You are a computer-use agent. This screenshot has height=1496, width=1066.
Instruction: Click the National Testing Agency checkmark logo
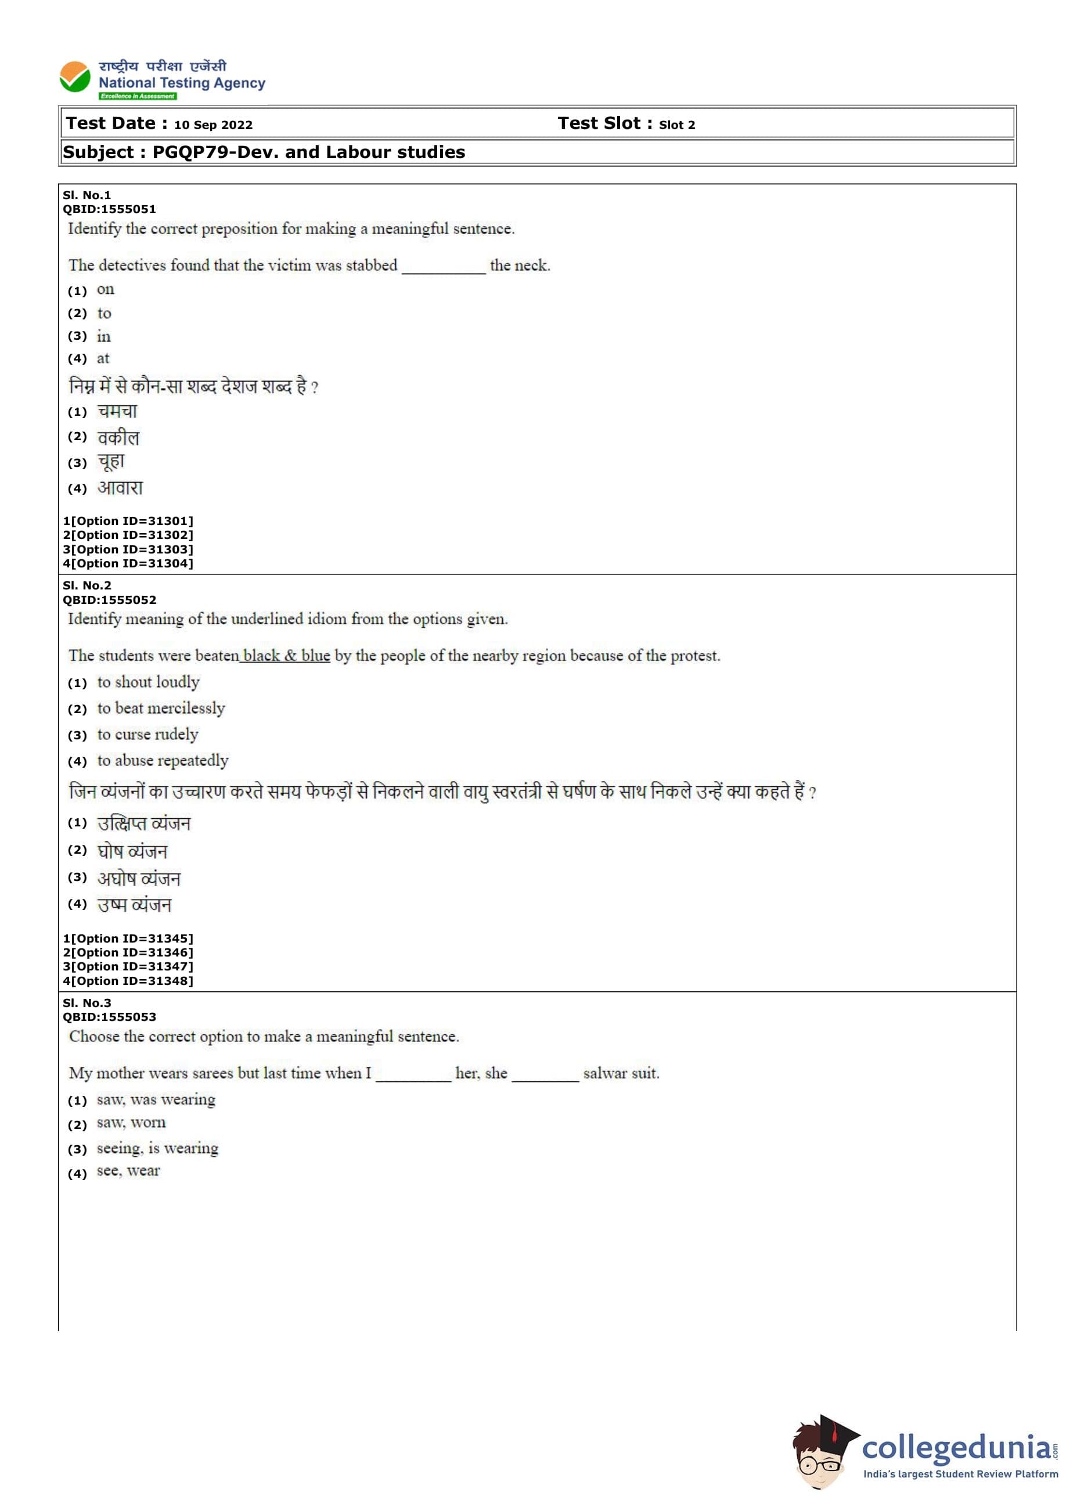tap(75, 77)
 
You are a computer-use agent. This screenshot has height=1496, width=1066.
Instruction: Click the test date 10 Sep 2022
tap(213, 125)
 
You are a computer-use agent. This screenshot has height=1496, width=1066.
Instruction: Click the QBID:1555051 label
tap(109, 210)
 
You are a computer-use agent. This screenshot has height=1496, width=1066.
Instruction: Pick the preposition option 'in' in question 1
tap(104, 336)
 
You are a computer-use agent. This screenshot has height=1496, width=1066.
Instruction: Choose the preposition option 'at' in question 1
tap(103, 358)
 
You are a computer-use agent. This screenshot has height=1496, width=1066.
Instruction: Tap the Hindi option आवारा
tap(120, 488)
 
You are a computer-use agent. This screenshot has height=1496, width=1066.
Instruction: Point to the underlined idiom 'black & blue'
tap(286, 655)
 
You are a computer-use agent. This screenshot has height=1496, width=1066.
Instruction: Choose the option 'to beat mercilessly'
tap(161, 709)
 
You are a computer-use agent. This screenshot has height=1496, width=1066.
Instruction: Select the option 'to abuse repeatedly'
tap(163, 761)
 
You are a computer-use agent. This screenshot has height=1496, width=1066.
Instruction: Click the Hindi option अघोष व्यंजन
tap(139, 878)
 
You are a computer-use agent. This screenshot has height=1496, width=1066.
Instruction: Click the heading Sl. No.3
tap(87, 1003)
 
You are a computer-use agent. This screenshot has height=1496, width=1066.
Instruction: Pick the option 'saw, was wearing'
tap(156, 1099)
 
